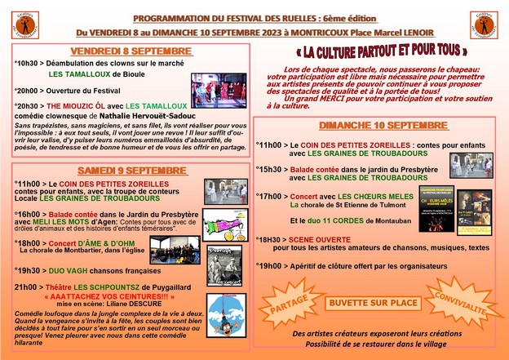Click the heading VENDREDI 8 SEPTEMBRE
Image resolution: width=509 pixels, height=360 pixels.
131,51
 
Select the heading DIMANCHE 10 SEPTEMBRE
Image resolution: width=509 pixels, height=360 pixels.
372,126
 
